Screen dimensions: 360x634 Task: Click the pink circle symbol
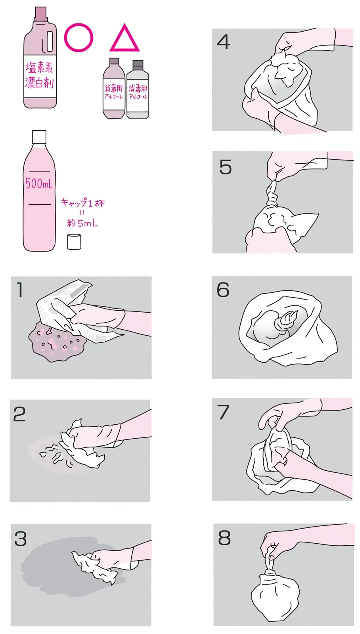(x=65, y=38)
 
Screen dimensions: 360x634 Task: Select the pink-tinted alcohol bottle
(x=113, y=88)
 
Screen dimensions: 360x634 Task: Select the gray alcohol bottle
(x=138, y=90)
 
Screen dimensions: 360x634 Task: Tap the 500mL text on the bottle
(x=39, y=183)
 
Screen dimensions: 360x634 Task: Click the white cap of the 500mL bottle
(x=39, y=137)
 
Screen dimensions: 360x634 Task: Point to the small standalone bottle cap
(x=74, y=242)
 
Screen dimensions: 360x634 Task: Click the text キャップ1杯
(x=83, y=203)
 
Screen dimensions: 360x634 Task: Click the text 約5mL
(x=82, y=223)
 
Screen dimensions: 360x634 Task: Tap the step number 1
(x=19, y=290)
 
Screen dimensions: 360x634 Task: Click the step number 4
(x=223, y=42)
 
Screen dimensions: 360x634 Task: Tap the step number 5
(x=226, y=167)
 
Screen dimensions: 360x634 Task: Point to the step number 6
(x=223, y=290)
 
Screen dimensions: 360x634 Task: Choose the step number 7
(x=223, y=412)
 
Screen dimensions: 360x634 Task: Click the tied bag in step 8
(x=275, y=583)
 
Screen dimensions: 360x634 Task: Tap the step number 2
(x=19, y=414)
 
